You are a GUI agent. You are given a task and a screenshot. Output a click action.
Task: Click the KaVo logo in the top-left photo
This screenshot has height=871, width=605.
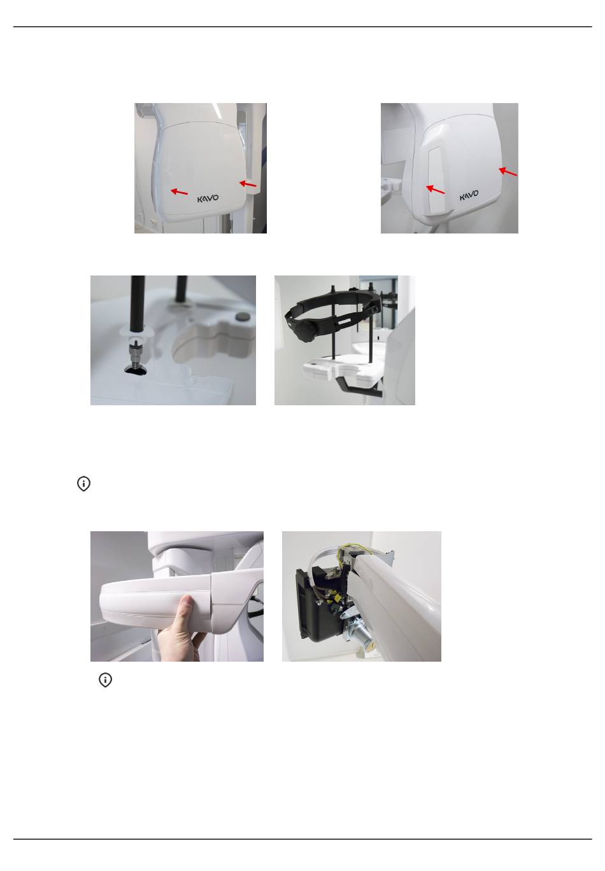click(x=208, y=199)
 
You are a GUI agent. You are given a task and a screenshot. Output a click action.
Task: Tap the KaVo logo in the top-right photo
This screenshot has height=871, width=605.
click(x=469, y=195)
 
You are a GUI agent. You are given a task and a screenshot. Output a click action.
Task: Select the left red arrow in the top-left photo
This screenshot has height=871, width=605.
click(x=179, y=192)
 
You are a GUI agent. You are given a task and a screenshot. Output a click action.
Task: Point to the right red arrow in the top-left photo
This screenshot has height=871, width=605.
click(x=248, y=183)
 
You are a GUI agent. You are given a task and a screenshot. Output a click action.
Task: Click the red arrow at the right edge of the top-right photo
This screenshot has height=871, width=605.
click(x=508, y=172)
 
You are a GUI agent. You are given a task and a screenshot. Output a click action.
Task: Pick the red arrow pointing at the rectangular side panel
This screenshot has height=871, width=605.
click(x=435, y=190)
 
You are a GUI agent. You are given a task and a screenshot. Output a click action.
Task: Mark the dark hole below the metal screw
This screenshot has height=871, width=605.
click(x=136, y=370)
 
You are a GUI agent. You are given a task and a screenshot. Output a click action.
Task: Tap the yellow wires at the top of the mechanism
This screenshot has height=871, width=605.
click(x=348, y=552)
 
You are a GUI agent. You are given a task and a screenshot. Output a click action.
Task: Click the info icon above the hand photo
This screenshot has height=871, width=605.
click(x=83, y=484)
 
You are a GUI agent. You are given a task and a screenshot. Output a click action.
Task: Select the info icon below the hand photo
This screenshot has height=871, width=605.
click(x=106, y=679)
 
